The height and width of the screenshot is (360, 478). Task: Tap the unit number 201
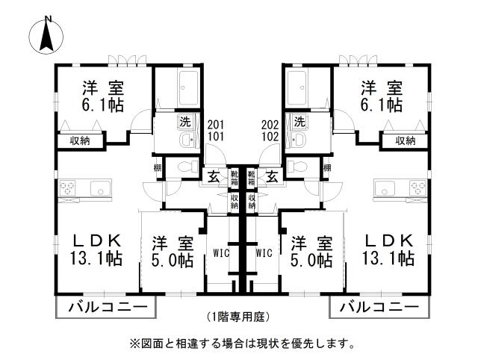pos(215,125)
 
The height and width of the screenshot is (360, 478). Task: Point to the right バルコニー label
pos(379,306)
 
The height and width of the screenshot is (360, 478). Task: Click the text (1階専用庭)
pos(238,316)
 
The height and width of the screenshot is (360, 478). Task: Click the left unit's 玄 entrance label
pos(214,177)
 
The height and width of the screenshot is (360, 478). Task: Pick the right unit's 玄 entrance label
pos(272,177)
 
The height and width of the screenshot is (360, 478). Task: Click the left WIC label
pos(222,252)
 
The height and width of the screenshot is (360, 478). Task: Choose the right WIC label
pos(264,252)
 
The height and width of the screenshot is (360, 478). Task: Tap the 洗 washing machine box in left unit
pos(184,121)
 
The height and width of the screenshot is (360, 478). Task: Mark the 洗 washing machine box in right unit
pos(300,121)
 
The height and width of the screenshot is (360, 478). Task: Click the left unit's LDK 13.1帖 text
pos(97,249)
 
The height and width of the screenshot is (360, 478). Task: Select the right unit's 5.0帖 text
pos(311,261)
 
